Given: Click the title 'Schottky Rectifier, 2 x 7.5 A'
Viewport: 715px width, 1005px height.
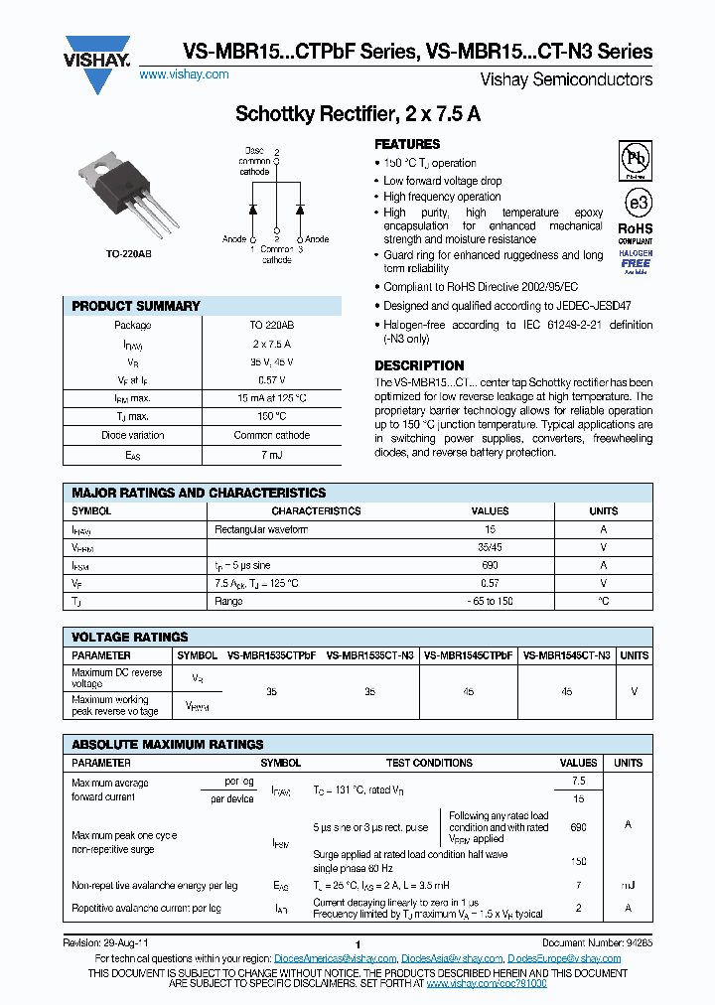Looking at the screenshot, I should pyautogui.click(x=357, y=114).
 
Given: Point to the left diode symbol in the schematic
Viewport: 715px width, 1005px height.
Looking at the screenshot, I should pyautogui.click(x=253, y=211).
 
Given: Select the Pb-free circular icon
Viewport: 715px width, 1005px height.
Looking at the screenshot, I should pyautogui.click(x=636, y=159).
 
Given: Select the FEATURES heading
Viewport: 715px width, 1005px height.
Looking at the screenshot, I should pyautogui.click(x=407, y=144).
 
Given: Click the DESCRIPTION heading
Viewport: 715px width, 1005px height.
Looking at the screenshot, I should pyautogui.click(x=419, y=365).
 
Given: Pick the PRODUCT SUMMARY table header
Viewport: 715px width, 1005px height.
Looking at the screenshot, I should pyautogui.click(x=136, y=306).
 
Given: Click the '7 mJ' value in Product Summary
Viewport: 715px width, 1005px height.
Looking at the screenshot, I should pyautogui.click(x=271, y=454).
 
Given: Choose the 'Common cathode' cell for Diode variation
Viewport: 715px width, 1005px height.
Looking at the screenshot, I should pyautogui.click(x=271, y=435).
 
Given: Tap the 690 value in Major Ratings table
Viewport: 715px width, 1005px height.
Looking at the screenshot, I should pyautogui.click(x=490, y=565).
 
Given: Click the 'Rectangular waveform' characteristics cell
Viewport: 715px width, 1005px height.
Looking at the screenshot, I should pyautogui.click(x=261, y=529).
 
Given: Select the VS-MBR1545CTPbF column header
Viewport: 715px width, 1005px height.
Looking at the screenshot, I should pyautogui.click(x=469, y=655).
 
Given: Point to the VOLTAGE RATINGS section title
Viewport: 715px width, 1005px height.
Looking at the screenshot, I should pyautogui.click(x=130, y=637).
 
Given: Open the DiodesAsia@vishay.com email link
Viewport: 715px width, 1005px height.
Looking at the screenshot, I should pyautogui.click(x=452, y=958).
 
